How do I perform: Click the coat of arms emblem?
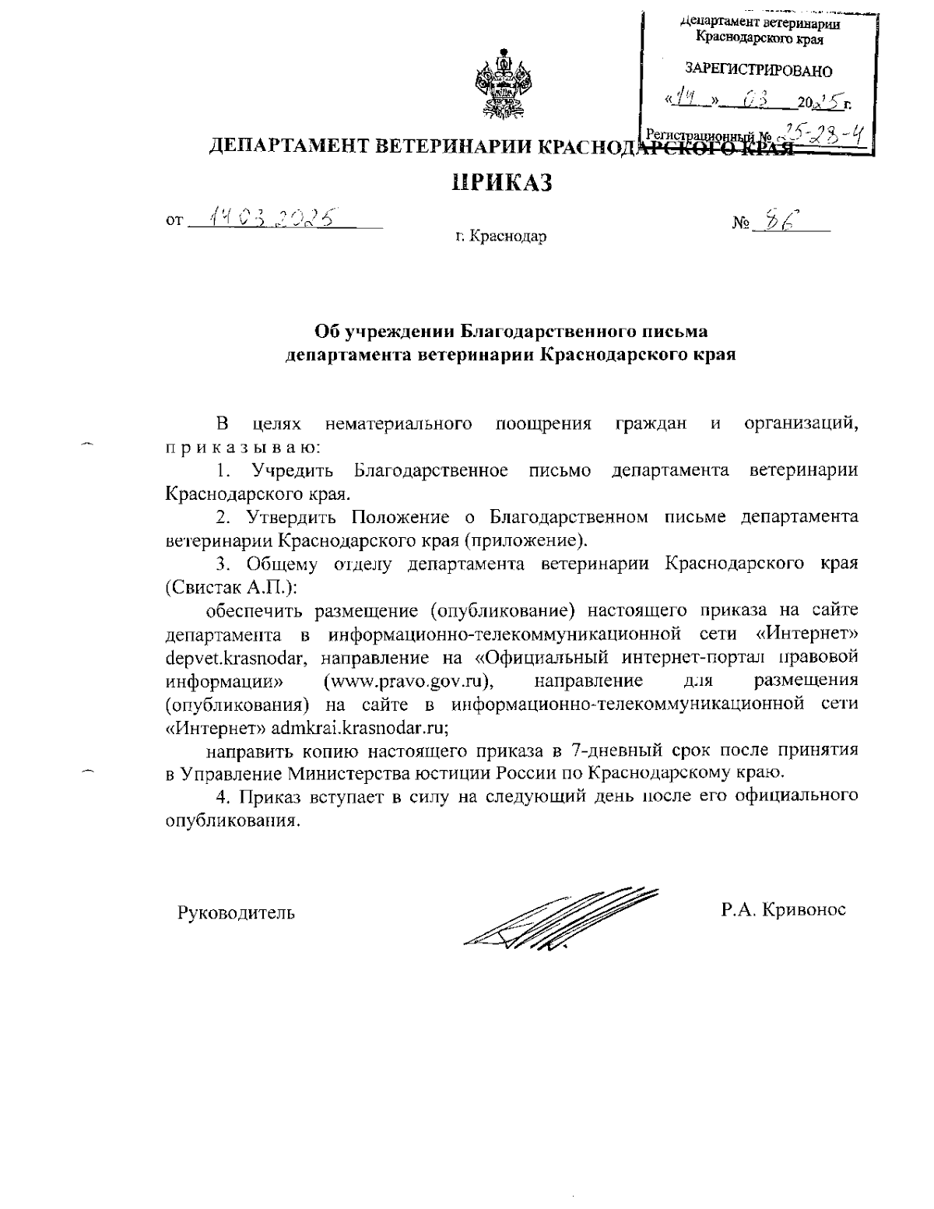[x=504, y=84]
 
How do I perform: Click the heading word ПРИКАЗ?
[x=502, y=183]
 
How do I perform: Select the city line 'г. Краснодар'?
[x=501, y=236]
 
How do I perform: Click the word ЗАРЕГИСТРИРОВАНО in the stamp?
[x=758, y=72]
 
